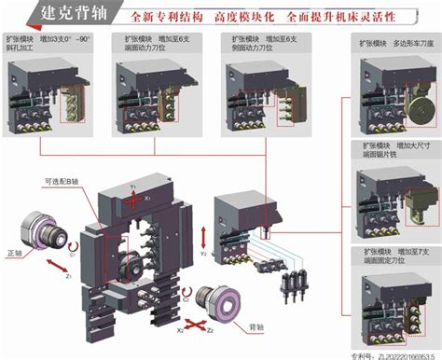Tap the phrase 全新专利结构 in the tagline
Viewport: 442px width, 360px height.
click(168, 17)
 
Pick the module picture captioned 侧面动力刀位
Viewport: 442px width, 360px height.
click(258, 98)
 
